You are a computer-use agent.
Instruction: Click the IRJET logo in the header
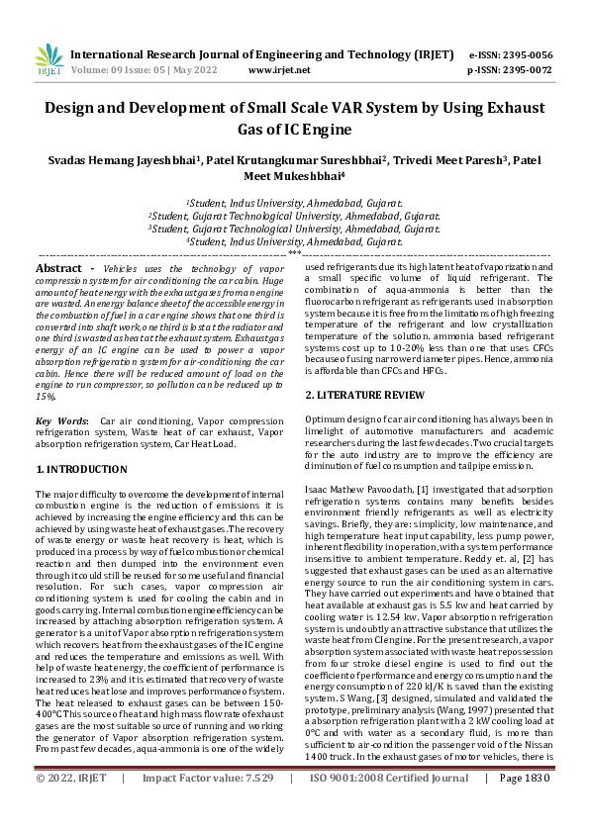pos(49,61)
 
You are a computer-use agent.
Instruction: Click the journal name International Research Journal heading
pos(262,54)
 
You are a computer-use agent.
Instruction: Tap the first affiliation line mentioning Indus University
pos(294,202)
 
